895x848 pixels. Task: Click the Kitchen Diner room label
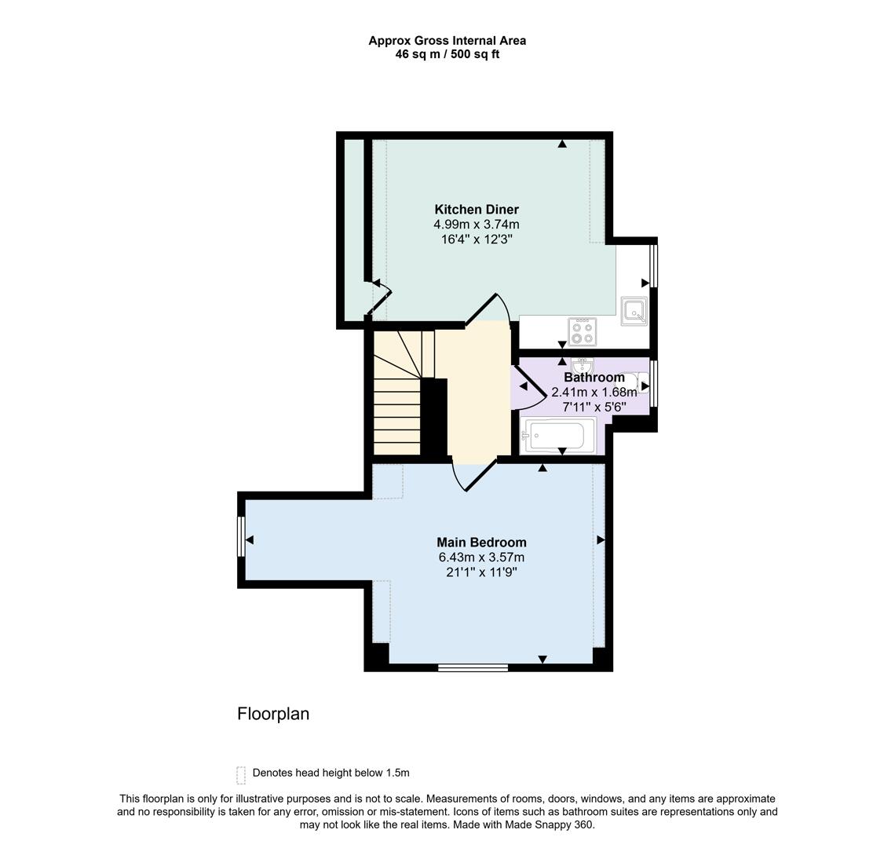[x=477, y=210]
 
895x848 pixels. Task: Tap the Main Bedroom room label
[x=481, y=543]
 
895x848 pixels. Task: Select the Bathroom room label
[x=594, y=378]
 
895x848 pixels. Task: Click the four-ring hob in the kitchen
[x=583, y=331]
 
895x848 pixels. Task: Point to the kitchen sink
[x=634, y=311]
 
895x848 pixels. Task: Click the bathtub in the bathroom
[x=557, y=436]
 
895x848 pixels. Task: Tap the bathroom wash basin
[x=582, y=367]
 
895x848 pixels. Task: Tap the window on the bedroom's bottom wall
[x=473, y=668]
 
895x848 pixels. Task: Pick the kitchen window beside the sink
[x=654, y=266]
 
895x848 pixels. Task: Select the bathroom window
[x=654, y=383]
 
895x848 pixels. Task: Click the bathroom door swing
[x=528, y=386]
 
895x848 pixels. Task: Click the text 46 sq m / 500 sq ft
[x=447, y=55]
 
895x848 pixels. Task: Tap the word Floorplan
[x=273, y=714]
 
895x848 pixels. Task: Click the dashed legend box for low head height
[x=241, y=775]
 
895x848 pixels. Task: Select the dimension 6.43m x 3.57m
[x=481, y=557]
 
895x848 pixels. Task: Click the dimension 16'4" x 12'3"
[x=477, y=239]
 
